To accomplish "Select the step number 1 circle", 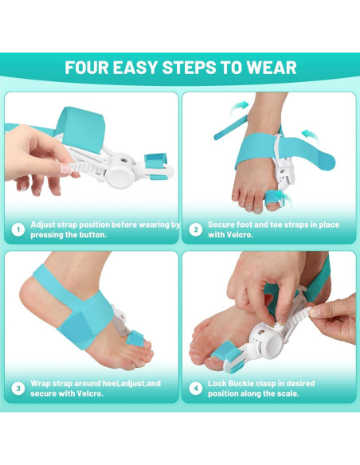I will [18, 231].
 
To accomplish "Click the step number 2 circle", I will [195, 231].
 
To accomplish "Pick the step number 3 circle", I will [18, 389].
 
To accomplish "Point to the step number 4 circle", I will [195, 389].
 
